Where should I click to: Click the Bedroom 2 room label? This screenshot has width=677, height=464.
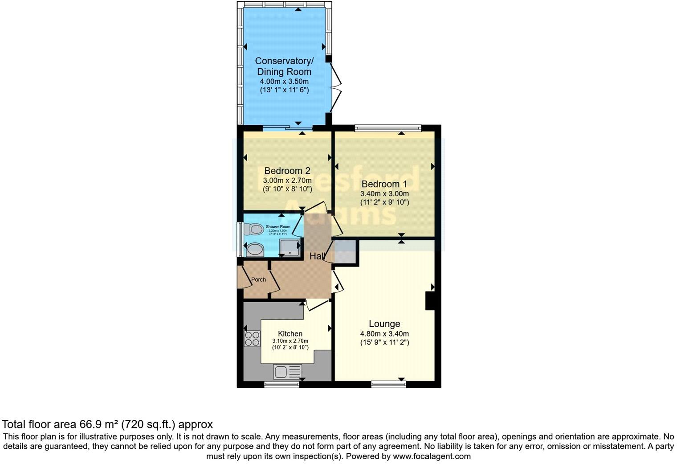pos(287,171)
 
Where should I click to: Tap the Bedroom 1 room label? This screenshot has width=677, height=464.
pos(384,184)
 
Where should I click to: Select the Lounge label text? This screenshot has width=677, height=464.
pos(384,324)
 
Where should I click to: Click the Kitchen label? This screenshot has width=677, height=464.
pos(290,334)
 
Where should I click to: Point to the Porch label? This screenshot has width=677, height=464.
pos(258,280)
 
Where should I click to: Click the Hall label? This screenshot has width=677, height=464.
pos(317,256)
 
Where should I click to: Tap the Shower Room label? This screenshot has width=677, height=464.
pos(278,227)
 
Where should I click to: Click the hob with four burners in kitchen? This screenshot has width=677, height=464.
pos(252,338)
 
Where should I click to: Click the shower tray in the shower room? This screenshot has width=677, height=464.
pos(290,248)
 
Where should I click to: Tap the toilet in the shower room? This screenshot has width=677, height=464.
pos(255,230)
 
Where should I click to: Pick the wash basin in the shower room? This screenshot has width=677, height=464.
pos(254,250)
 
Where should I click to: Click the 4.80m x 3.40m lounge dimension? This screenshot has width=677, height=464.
pos(384,334)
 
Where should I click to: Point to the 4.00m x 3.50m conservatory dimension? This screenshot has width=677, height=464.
pos(284,82)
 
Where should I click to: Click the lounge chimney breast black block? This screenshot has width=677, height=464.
pos(430,300)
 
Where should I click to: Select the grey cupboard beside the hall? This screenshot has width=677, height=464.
pos(344,252)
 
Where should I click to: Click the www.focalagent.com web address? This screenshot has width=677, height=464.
pos(432,456)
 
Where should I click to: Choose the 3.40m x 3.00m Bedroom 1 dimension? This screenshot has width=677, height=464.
pos(384,194)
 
